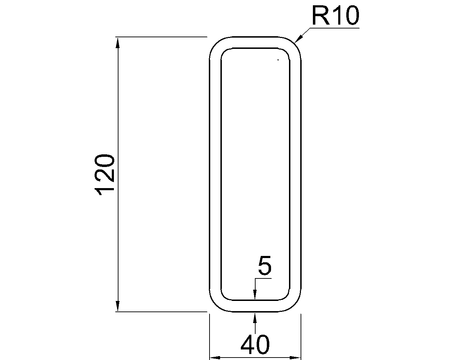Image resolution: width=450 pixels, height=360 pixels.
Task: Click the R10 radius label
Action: click(x=335, y=17)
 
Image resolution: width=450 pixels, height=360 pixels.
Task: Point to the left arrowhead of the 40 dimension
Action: click(x=215, y=358)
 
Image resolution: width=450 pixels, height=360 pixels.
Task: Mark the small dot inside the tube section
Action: click(x=278, y=60)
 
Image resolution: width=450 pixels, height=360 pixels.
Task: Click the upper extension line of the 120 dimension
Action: click(x=162, y=37)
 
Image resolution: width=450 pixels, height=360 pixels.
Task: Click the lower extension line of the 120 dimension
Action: click(x=162, y=311)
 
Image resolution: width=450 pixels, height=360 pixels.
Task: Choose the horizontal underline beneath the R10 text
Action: click(x=334, y=27)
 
